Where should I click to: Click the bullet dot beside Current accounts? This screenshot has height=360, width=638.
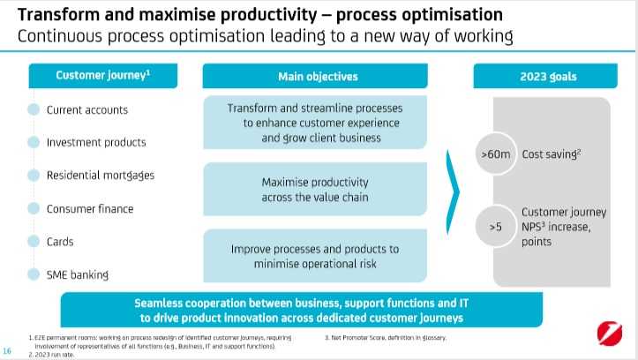click(34, 110)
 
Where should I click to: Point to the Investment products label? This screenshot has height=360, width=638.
click(96, 143)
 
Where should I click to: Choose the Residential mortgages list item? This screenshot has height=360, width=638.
click(101, 176)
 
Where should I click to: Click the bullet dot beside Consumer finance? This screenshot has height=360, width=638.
click(34, 209)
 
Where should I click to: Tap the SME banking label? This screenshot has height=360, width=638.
click(78, 274)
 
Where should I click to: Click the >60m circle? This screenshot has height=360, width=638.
click(496, 154)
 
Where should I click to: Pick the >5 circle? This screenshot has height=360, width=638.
click(496, 228)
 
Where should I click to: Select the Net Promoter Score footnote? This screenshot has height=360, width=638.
click(386, 338)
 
